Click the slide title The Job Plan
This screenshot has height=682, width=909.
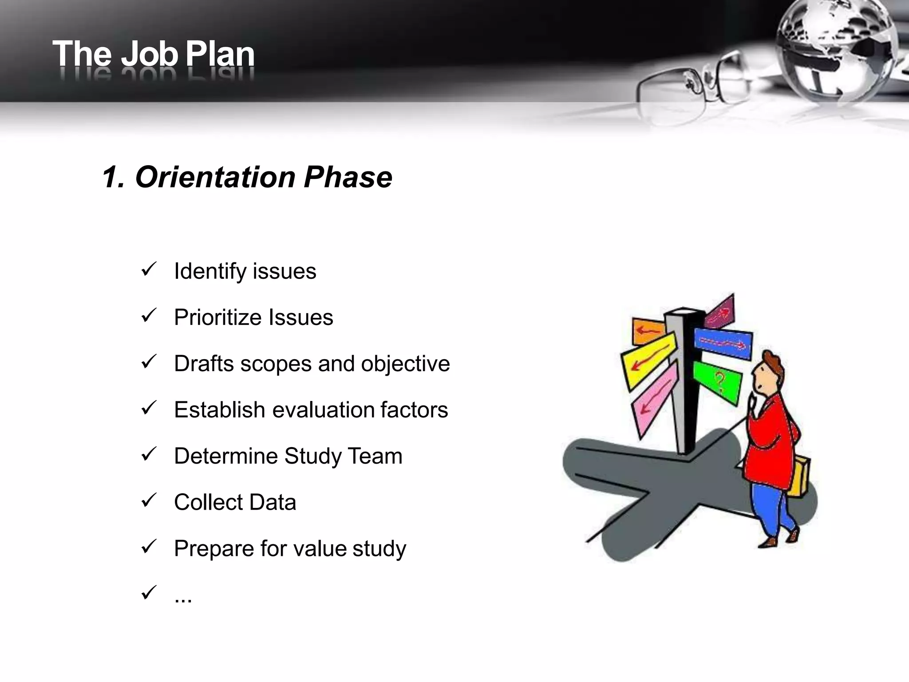click(153, 54)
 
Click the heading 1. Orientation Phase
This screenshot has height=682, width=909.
click(247, 177)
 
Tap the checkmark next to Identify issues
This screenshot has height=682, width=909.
click(148, 269)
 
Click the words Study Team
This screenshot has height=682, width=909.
click(343, 456)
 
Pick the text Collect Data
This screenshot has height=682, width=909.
click(235, 502)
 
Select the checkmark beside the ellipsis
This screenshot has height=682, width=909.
click(148, 592)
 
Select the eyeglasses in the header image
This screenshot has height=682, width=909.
click(692, 84)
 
